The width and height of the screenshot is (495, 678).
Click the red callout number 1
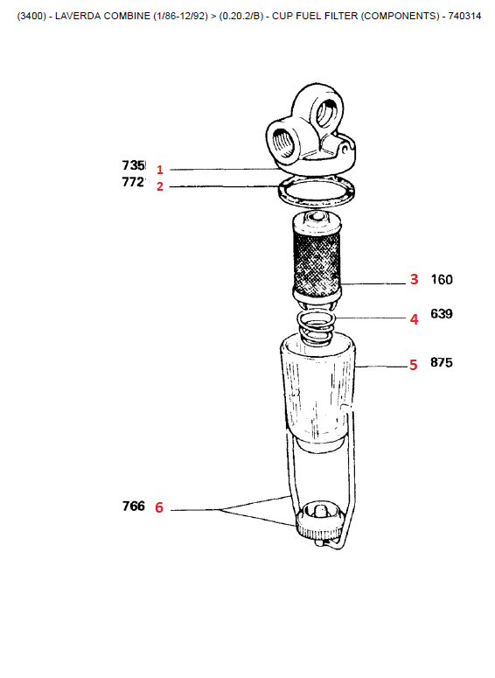click(160, 170)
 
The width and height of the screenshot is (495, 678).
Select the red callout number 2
click(160, 186)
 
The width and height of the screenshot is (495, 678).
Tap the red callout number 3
click(415, 279)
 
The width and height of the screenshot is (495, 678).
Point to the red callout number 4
click(415, 319)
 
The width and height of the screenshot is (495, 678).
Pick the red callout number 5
click(414, 365)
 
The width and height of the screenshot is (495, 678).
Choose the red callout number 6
click(159, 507)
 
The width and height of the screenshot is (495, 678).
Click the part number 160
click(442, 280)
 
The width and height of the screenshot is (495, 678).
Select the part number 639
click(442, 313)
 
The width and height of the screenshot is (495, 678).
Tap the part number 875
click(442, 362)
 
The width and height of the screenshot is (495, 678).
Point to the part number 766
click(133, 506)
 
